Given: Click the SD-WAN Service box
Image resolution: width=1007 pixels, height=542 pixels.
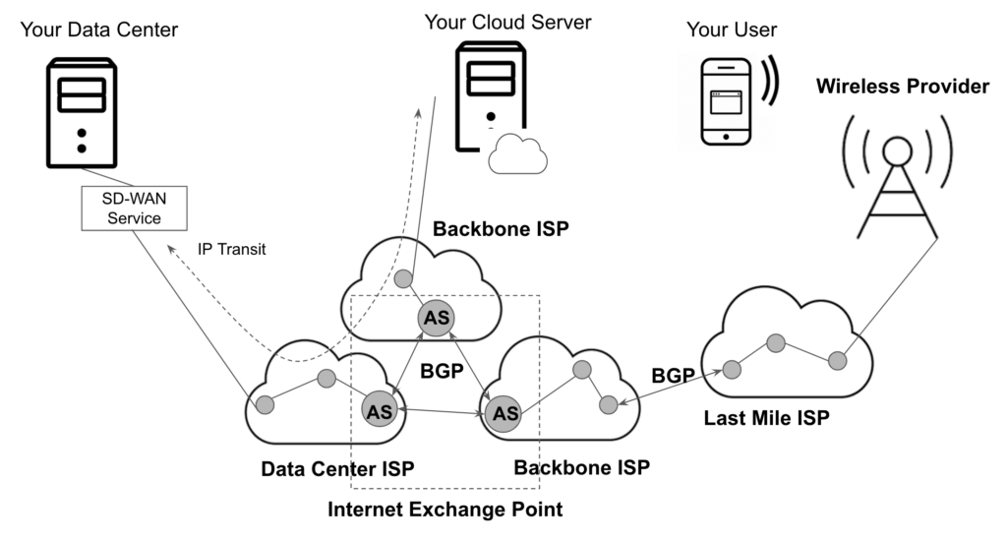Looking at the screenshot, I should point(134,209).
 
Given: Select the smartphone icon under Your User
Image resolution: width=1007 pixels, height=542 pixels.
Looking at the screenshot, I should point(725,101).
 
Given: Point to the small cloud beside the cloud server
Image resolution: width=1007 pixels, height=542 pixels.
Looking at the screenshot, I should point(517,154).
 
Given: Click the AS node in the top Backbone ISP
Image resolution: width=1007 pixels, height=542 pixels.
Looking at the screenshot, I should point(436,318).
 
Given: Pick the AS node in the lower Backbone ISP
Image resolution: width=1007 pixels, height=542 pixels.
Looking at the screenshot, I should point(505,412).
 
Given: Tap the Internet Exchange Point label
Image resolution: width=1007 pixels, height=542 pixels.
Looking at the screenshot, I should point(445,511).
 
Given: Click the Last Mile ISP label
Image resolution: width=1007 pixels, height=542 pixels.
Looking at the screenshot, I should point(767,417).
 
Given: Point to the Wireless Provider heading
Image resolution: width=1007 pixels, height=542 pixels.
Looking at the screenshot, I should point(902,87).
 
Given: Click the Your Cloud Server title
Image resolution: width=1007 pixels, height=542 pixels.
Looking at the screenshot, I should point(507,21).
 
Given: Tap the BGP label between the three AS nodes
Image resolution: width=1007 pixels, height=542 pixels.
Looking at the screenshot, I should point(441,373).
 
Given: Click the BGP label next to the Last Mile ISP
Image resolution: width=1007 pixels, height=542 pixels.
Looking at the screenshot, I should point(674,375).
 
